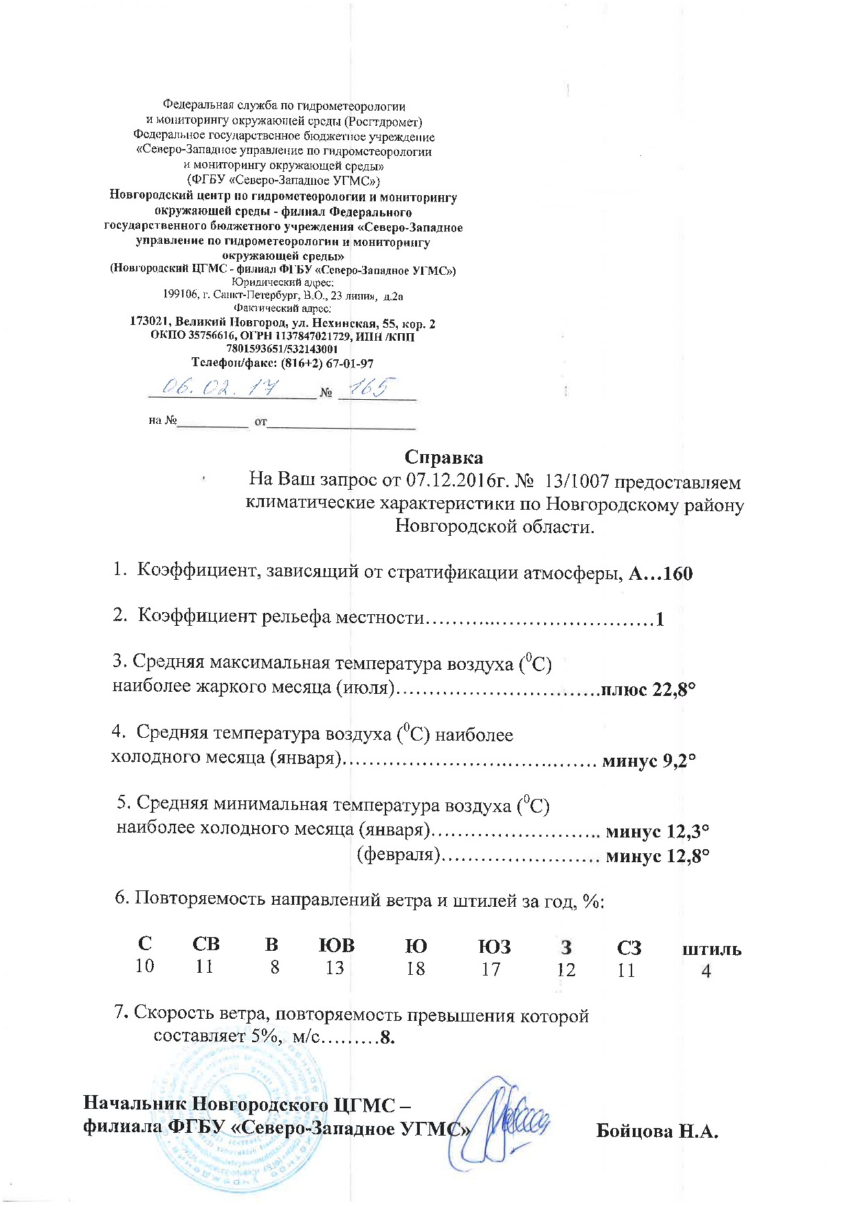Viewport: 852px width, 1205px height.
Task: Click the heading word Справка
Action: click(443, 458)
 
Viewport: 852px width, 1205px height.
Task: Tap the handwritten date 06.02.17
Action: click(221, 387)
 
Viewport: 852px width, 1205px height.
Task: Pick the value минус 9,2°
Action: click(649, 761)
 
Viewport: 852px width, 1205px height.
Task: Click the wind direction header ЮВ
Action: click(337, 945)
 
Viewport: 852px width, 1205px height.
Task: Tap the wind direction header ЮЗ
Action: click(494, 947)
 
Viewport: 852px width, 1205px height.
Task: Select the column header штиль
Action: click(711, 949)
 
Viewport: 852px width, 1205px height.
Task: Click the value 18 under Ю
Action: click(416, 969)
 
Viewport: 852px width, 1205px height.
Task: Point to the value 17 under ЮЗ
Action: click(491, 969)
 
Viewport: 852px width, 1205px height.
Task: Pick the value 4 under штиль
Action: click(706, 971)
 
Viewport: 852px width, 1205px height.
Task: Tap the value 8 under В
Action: click(274, 967)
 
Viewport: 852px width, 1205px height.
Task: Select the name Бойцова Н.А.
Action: click(657, 1131)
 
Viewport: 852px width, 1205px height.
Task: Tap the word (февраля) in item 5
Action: click(399, 855)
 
